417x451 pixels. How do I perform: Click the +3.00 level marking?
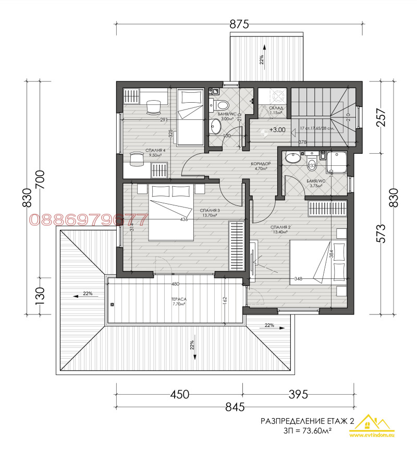277,130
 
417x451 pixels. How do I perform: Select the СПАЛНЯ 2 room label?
280,228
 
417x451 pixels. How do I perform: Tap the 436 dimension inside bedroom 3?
184,220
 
